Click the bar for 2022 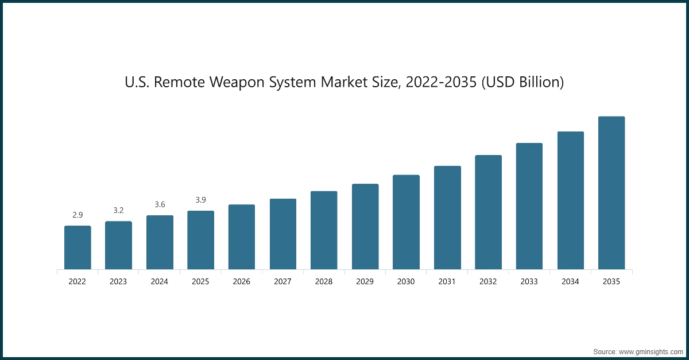coord(78,247)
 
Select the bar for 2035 coord(611,193)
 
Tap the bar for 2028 coord(324,230)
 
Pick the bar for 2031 coord(447,218)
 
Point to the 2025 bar coord(200,240)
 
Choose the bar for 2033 coord(529,206)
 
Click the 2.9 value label coord(78,215)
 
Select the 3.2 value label coord(118,211)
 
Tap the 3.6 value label coord(160,205)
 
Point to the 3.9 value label coord(200,200)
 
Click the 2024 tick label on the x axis coord(160,282)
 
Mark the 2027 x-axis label coord(283,282)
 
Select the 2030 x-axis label coord(406,282)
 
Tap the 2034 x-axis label coord(570,282)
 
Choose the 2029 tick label coord(365,282)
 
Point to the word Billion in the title coord(537,83)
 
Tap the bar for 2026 coord(242,237)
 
